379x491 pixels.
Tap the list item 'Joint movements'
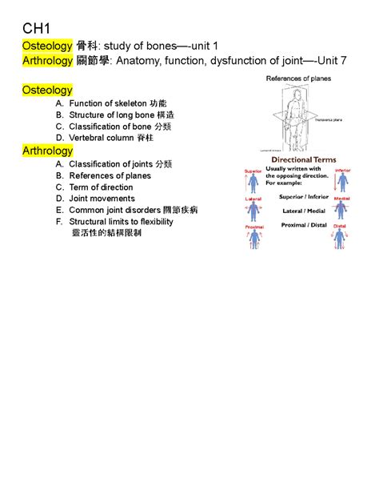(102, 199)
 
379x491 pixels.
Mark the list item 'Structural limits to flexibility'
(122, 222)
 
